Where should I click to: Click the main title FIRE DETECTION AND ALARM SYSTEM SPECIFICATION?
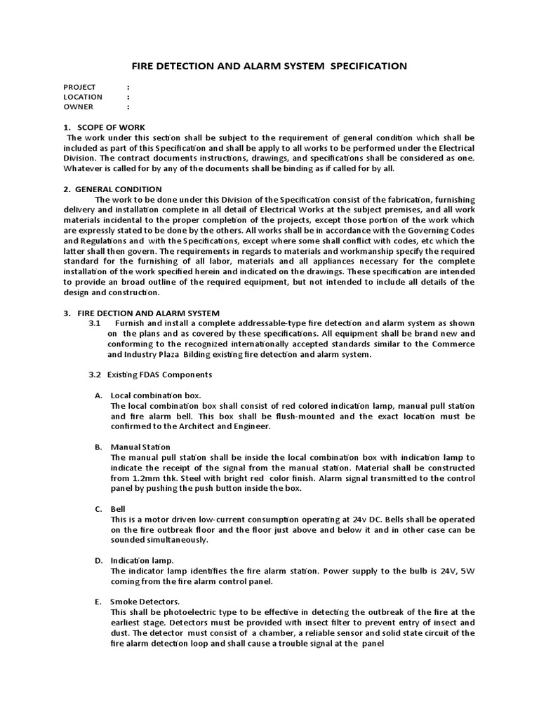click(x=269, y=66)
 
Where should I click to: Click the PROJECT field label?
click(x=79, y=87)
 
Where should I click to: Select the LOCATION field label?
click(x=83, y=97)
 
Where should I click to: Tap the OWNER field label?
click(x=79, y=107)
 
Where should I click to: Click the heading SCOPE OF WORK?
click(x=113, y=127)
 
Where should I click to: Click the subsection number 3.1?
click(x=95, y=323)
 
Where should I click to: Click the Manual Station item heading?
click(x=140, y=447)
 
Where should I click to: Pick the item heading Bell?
click(x=118, y=508)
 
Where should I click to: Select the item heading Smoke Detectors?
click(x=145, y=602)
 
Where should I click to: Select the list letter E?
click(x=97, y=602)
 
